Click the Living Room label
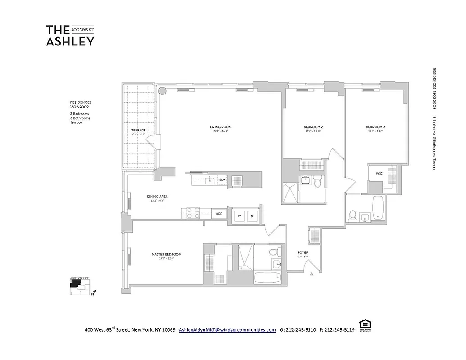(x=220, y=127)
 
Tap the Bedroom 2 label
(x=313, y=127)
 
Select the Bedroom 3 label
(x=376, y=127)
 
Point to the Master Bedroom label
(x=167, y=254)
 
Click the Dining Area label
(x=157, y=196)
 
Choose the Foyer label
(x=303, y=252)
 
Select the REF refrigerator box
(x=219, y=214)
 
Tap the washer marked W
(x=240, y=216)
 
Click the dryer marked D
(x=252, y=216)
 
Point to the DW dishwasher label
(x=222, y=180)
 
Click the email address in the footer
(x=227, y=329)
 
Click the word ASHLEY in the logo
(x=70, y=41)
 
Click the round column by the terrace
(x=163, y=90)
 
